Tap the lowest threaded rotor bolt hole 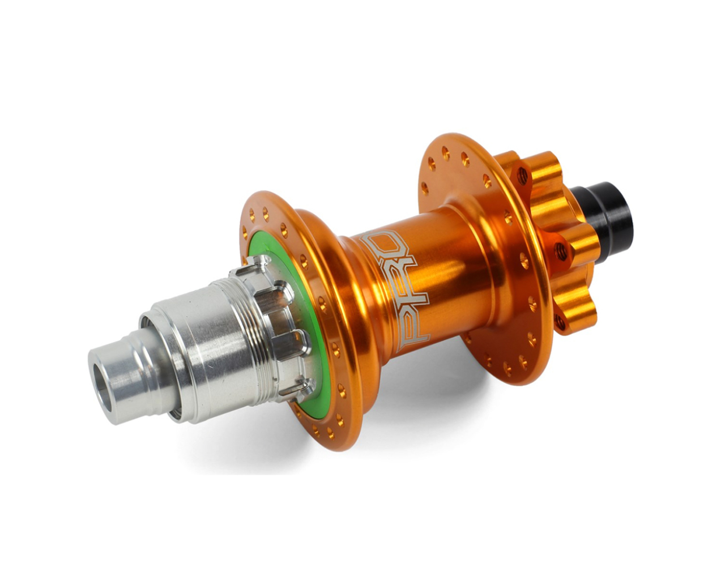[x=561, y=323]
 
